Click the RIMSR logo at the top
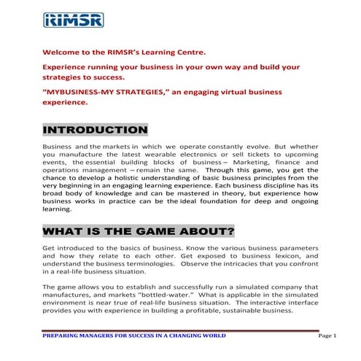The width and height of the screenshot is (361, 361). (72, 20)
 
